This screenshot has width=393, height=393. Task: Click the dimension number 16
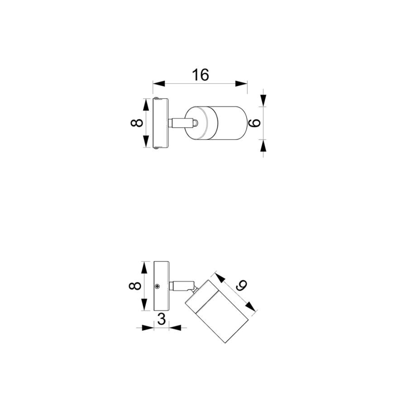200,75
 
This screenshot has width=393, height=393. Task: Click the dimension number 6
254,123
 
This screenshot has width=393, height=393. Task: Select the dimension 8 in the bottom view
134,286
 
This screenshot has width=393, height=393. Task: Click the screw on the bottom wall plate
158,286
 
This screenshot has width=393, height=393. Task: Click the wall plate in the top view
161,123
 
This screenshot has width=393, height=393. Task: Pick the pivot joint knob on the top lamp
195,123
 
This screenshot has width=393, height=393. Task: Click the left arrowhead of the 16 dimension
157,83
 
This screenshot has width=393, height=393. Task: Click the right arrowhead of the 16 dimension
243,83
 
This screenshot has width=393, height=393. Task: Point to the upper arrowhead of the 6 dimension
264,101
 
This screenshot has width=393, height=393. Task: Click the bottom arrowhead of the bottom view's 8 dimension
144,306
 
